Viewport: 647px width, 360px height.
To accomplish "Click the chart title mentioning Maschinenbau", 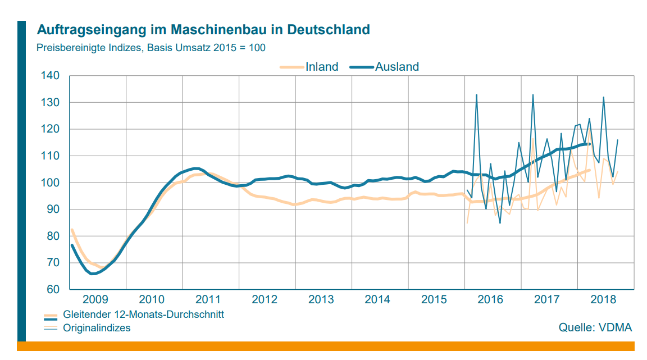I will point(203,29).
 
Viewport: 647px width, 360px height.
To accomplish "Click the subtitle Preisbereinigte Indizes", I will point(151,48).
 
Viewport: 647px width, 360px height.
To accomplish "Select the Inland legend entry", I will point(321,67).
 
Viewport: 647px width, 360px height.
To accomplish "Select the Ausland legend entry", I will point(397,67).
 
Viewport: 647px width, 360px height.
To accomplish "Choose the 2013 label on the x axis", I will point(322,299).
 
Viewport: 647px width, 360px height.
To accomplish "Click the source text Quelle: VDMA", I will point(595,327).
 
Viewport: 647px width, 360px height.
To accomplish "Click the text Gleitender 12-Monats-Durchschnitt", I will point(143,315).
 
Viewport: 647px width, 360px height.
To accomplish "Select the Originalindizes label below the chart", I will point(97,327).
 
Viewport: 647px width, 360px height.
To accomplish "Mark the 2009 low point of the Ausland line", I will point(93,274).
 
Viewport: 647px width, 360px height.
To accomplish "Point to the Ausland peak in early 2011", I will point(195,168).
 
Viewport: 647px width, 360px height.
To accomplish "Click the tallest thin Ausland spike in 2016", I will point(476,95).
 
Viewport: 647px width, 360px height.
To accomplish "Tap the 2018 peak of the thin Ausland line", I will point(603,97).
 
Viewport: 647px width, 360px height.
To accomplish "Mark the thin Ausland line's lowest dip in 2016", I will point(500,223).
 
